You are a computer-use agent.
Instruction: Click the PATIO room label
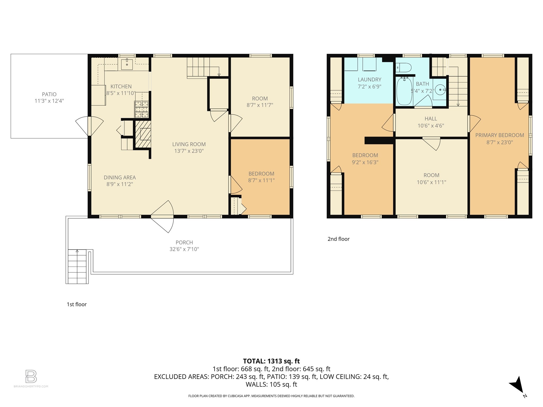click(49, 94)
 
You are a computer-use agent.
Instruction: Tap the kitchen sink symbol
click(127, 64)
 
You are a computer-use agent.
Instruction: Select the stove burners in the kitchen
click(142, 109)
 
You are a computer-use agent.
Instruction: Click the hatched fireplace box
click(143, 134)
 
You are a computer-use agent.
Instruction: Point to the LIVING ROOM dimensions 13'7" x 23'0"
click(189, 151)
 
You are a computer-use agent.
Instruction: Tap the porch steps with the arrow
click(77, 266)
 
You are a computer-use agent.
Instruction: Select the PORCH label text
click(184, 242)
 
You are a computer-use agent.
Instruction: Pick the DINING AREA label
click(120, 178)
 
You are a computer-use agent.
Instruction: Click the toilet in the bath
click(404, 68)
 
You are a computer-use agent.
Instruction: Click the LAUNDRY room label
click(369, 79)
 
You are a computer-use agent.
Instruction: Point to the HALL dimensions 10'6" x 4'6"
click(431, 126)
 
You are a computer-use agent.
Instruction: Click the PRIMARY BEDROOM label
click(500, 135)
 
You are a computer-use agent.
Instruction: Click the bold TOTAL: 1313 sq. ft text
click(271, 361)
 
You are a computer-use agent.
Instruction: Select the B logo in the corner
click(31, 376)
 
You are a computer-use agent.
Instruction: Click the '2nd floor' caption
click(339, 239)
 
